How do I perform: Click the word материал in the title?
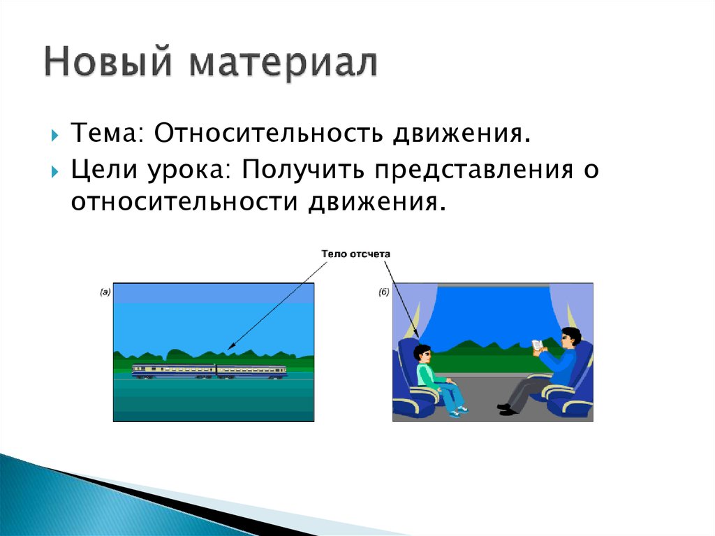coord(283,64)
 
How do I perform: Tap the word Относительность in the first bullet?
coord(268,133)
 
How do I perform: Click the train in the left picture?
coord(209,370)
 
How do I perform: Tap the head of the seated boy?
coord(422,354)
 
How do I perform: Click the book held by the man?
coord(538,346)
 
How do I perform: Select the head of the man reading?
coord(570,338)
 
